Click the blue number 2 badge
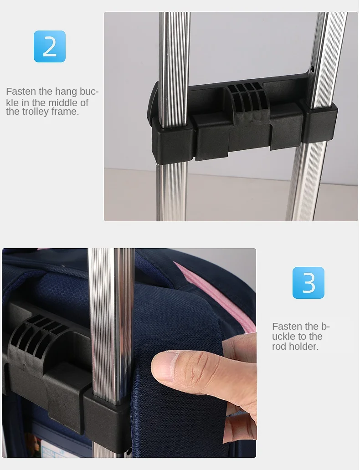pyautogui.click(x=50, y=46)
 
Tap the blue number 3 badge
pyautogui.click(x=309, y=283)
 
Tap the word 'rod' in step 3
pyautogui.click(x=279, y=347)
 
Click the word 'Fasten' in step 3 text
pyautogui.click(x=286, y=326)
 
